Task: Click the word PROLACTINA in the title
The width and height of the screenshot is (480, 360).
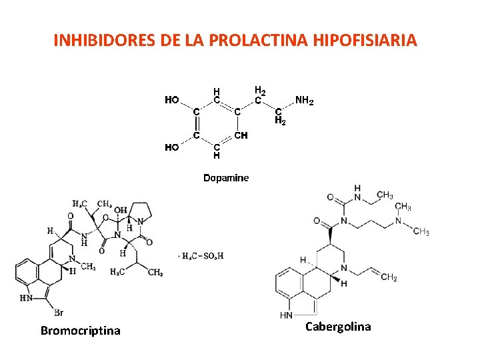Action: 256,41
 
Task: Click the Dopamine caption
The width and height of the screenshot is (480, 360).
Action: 226,178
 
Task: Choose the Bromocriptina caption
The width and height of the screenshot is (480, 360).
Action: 80,331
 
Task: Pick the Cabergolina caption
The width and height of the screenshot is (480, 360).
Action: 338,327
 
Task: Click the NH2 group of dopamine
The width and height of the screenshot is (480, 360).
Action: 305,101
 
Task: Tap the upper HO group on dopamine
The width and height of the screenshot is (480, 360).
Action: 172,100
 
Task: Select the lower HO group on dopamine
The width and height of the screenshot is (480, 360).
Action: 172,147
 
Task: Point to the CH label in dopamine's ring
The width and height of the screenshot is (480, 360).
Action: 241,135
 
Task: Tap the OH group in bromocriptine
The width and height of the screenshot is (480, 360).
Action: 119,211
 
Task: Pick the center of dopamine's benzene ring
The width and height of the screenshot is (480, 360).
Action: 217,123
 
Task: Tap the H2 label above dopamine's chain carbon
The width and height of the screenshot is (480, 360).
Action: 261,90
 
